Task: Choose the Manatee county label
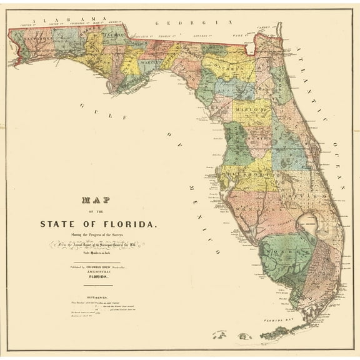[253, 206]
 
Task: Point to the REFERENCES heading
[101, 299]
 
